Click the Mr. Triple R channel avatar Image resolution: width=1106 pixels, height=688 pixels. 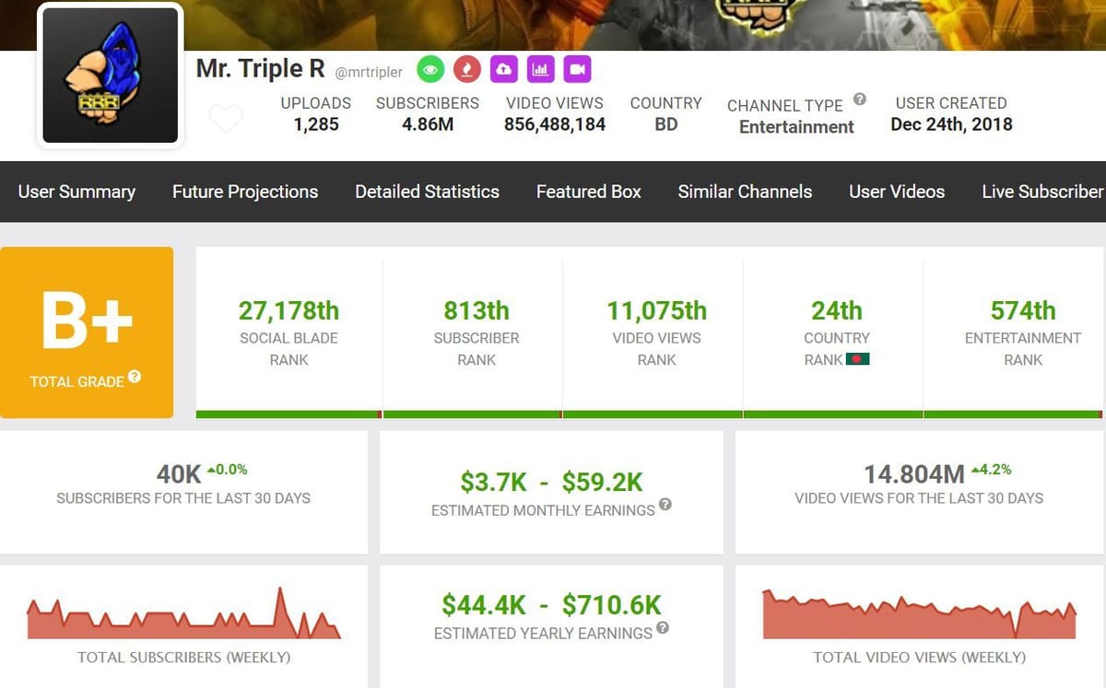coord(111,76)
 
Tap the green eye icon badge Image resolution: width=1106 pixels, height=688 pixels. coord(430,69)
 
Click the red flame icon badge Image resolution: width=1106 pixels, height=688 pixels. coord(467,69)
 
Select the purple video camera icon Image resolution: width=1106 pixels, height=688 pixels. coord(577,69)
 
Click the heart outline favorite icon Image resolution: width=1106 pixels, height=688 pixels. coord(226,119)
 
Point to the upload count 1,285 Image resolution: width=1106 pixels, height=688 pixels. coord(316,124)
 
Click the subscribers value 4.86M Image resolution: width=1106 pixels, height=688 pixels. coord(428,124)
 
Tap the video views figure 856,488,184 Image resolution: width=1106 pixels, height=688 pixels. coord(555,124)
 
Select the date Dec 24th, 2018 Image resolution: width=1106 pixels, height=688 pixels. coord(951,124)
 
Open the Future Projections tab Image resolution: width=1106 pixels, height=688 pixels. coord(245,192)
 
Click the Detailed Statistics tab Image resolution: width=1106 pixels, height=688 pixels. coord(428,192)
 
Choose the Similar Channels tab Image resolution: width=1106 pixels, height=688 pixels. coord(745,192)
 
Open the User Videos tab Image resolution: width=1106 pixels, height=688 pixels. coord(897,192)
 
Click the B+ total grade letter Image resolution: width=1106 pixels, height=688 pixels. coord(87,321)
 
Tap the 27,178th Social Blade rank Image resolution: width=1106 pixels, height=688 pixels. coord(288,310)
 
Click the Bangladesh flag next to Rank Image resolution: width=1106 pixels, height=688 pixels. coord(858,359)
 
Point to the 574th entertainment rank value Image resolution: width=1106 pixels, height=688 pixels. coord(1023,310)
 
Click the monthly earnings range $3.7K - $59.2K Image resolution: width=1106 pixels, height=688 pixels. coord(551,481)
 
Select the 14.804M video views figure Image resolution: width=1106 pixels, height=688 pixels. coord(913,474)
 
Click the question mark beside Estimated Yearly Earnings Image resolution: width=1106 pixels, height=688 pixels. coord(663,628)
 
